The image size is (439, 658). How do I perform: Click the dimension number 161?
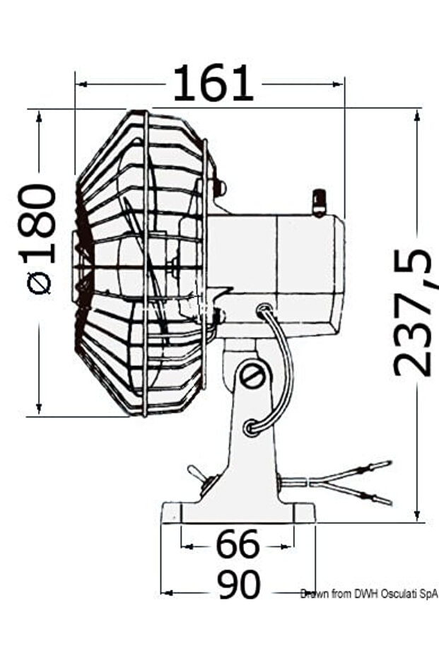click(213, 83)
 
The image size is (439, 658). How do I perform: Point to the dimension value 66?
click(238, 546)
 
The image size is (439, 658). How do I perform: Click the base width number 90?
click(239, 584)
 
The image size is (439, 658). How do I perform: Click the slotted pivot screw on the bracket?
click(252, 377)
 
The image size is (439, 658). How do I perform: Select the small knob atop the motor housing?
click(319, 201)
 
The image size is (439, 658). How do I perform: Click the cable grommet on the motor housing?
click(264, 309)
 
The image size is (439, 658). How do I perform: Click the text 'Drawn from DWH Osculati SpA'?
click(368, 594)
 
